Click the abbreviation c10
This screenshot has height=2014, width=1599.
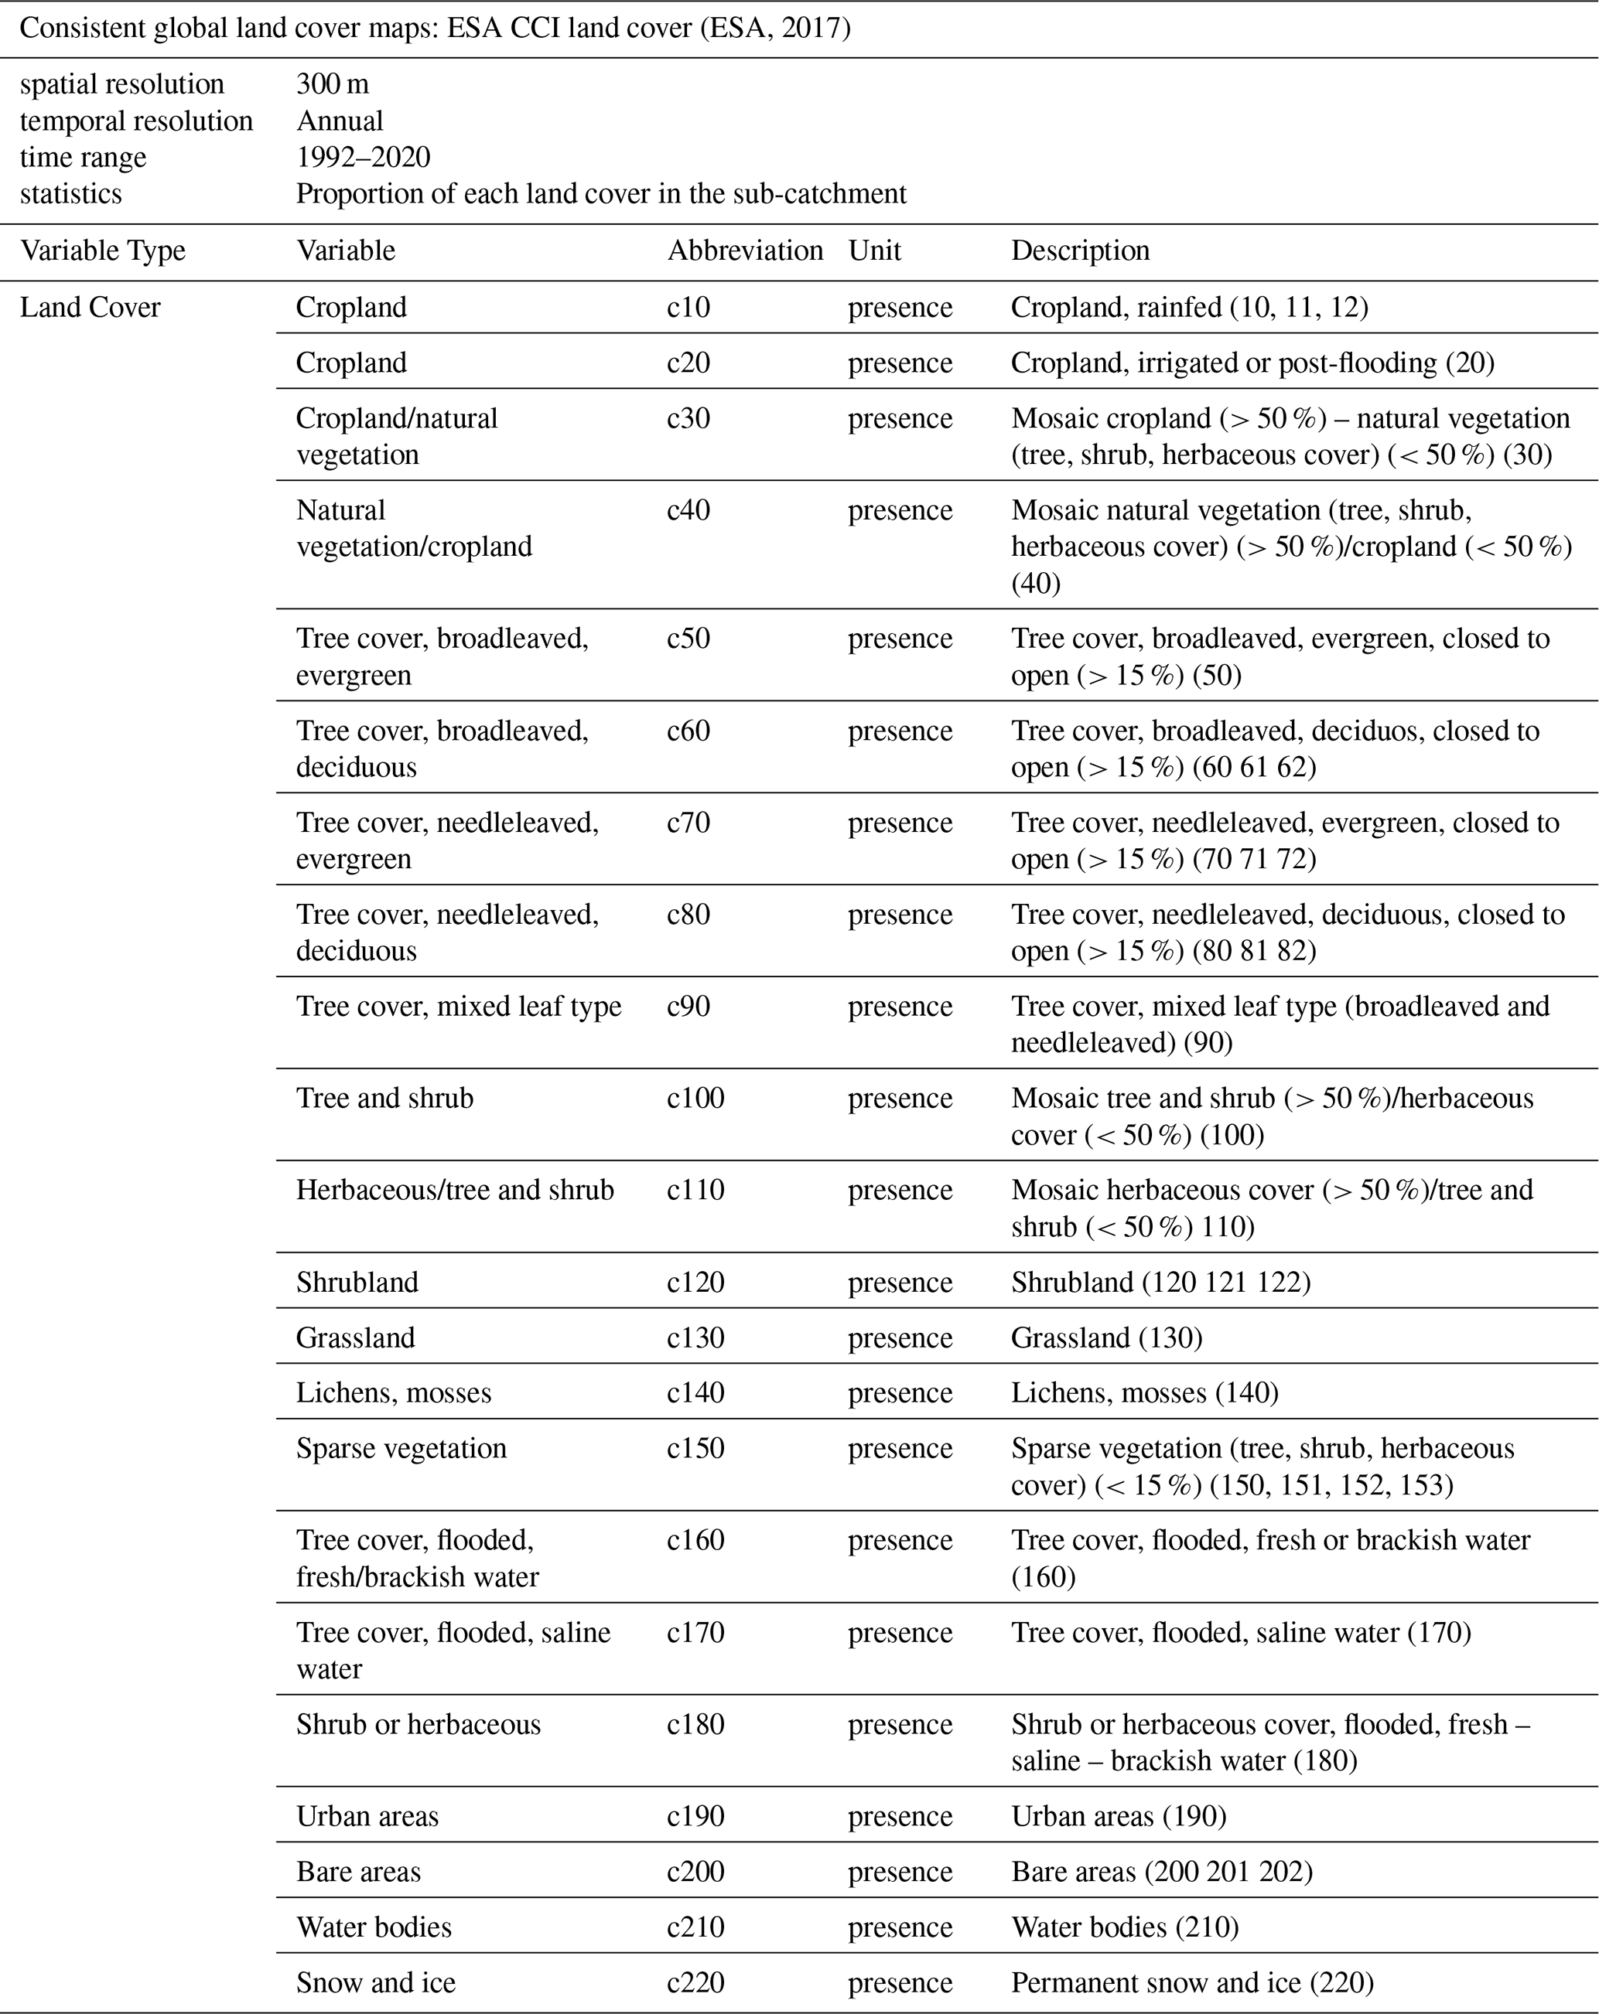coord(688,308)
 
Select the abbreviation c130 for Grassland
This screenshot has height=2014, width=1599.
coord(695,1338)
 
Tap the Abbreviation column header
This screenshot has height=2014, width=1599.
coord(745,250)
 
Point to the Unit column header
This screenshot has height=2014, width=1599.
coord(874,250)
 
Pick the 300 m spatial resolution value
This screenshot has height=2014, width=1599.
coord(332,84)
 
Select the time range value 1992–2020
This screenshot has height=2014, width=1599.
coord(363,157)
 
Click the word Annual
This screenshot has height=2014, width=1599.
coord(340,121)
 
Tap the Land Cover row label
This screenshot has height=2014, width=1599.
coord(90,308)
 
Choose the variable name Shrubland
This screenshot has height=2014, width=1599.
coord(357,1282)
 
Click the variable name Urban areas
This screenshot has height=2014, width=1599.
coord(367,1816)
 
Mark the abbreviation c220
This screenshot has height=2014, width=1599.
coord(695,1982)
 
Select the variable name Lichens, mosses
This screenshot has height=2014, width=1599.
coord(394,1393)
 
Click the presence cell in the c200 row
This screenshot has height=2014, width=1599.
coord(900,1871)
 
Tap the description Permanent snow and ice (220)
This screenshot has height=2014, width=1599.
coord(1191,1982)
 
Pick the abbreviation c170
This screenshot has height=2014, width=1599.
coord(695,1632)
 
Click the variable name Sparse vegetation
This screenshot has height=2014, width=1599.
coord(401,1448)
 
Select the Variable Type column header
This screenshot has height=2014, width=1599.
coord(103,250)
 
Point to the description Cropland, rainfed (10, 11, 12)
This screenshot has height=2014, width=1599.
coord(1189,308)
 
